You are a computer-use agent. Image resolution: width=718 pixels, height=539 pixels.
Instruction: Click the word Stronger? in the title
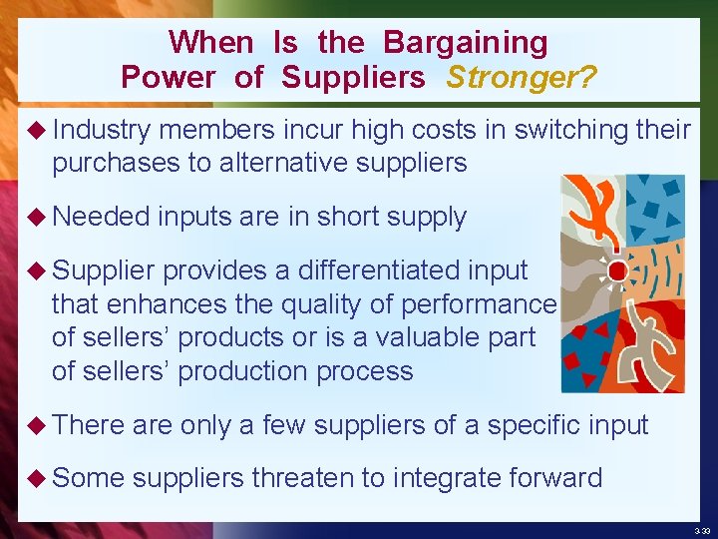tap(522, 77)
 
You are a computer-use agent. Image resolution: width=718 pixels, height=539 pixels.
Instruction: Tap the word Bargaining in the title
tap(466, 43)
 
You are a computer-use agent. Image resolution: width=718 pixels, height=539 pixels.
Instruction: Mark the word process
tap(361, 371)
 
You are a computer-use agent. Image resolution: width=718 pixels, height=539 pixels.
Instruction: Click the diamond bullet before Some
tap(38, 478)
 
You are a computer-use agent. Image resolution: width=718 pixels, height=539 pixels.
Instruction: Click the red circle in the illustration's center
tap(617, 270)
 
